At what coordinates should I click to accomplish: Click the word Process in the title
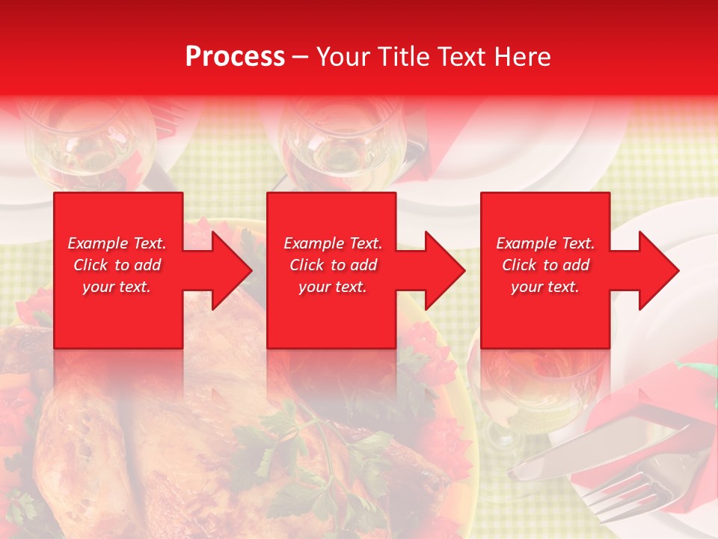pos(235,57)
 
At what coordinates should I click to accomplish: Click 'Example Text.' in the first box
pos(117,243)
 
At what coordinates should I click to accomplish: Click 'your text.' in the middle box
pos(332,287)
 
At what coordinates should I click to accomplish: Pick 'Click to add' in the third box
pos(545,265)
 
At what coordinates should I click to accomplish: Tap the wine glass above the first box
pos(90,142)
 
